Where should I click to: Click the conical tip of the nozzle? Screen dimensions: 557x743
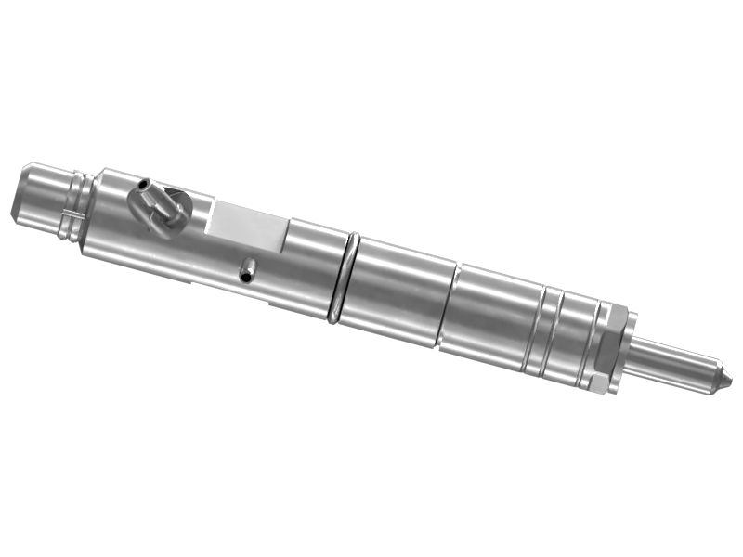[722, 380]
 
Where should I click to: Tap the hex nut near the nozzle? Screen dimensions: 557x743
[606, 347]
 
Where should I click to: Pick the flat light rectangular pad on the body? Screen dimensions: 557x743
[249, 226]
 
